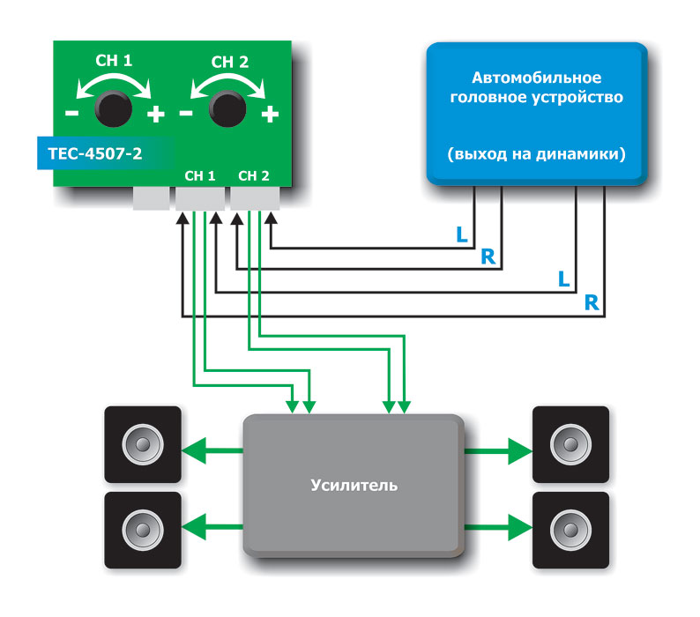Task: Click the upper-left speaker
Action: click(142, 443)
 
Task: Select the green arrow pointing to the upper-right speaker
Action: click(498, 452)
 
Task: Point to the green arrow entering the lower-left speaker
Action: click(212, 530)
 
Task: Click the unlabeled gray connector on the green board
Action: click(150, 198)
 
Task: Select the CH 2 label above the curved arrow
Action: click(230, 62)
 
